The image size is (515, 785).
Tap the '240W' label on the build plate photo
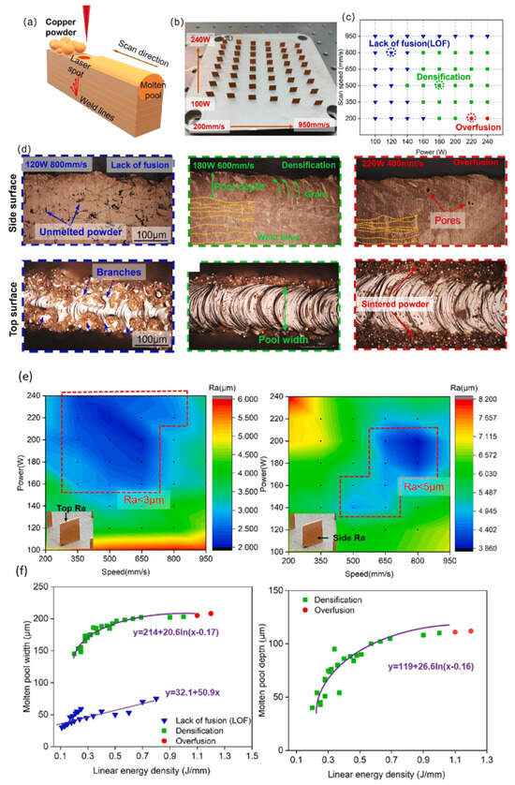click(x=202, y=39)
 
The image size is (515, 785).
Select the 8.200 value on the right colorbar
click(x=484, y=399)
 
